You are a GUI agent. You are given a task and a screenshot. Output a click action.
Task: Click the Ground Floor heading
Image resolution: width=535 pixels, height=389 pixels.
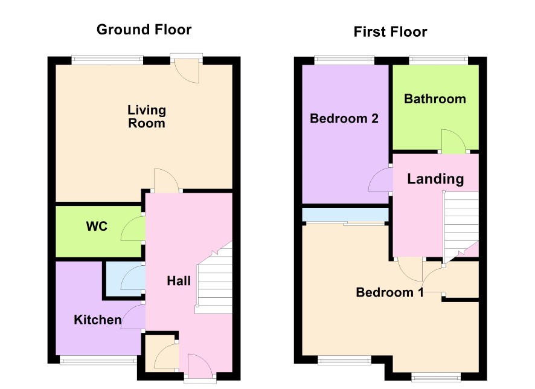pos(144,30)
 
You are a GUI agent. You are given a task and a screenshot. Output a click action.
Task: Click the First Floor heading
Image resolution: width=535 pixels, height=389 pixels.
pos(390,32)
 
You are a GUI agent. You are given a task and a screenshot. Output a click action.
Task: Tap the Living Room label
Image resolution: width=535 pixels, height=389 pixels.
pos(147,117)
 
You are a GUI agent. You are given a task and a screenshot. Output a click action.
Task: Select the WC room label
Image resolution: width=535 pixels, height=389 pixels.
pos(97,227)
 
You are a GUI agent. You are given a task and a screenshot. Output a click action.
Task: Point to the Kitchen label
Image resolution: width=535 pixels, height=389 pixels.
pos(98,320)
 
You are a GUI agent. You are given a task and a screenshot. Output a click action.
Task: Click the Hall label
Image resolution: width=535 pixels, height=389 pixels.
pos(179,281)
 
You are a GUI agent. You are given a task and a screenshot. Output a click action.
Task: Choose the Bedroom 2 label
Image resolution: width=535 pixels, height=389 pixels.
pos(344,118)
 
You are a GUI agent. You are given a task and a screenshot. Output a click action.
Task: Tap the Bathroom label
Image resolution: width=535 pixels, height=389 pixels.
pos(435,99)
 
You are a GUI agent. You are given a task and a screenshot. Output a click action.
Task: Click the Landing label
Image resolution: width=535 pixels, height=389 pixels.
pos(436,179)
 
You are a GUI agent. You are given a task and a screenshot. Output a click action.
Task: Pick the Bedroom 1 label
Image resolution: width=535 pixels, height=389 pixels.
pos(389,292)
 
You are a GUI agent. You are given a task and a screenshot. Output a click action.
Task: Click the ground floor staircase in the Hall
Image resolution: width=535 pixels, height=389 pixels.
pos(214,277)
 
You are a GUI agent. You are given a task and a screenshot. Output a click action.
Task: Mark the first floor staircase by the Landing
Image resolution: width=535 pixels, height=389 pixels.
pos(461,225)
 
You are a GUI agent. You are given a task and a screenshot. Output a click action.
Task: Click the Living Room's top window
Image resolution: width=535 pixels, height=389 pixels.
pos(107,60)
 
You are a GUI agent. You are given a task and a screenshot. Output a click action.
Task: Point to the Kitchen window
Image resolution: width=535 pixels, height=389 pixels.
pos(98,360)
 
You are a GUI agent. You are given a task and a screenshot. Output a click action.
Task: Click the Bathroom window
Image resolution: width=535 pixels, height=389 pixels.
pos(438,60)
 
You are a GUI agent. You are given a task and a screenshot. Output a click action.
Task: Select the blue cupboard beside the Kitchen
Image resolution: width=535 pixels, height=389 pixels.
pos(124,279)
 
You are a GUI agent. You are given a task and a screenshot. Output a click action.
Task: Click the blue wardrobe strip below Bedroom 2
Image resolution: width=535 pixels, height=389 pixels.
pos(345,214)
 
